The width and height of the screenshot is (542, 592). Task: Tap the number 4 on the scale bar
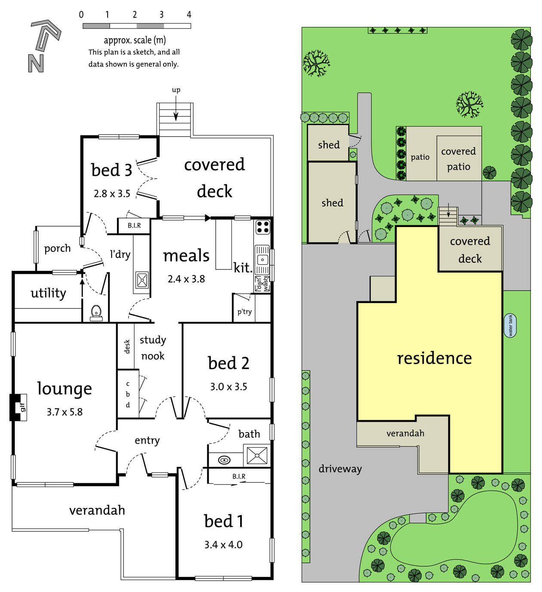[x=189, y=15]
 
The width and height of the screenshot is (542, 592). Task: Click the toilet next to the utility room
[x=96, y=313]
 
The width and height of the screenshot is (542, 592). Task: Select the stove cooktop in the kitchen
[x=262, y=227]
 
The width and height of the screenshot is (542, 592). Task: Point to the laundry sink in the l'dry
[x=142, y=280]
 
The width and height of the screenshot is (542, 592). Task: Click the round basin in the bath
[x=224, y=460]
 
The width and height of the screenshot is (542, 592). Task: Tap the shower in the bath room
[x=257, y=455]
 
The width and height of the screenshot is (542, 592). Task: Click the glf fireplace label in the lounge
[x=22, y=407]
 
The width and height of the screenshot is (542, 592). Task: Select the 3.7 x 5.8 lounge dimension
[x=65, y=412]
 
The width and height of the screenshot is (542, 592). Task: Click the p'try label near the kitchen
[x=244, y=312]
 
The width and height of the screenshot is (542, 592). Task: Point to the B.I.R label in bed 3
[x=134, y=225]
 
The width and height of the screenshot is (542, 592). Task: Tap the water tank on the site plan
[x=510, y=325]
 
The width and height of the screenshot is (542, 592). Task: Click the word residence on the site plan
[x=434, y=358]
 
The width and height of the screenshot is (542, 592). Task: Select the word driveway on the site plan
[x=340, y=469]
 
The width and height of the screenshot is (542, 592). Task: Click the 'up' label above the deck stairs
[x=176, y=90]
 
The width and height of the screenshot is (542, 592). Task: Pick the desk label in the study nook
[x=127, y=346]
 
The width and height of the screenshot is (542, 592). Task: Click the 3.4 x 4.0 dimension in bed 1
[x=223, y=545]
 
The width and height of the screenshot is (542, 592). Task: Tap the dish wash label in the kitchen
[x=262, y=283]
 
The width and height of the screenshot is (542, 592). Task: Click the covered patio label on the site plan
[x=459, y=159]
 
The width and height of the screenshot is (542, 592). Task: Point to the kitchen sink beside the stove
[x=262, y=260]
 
